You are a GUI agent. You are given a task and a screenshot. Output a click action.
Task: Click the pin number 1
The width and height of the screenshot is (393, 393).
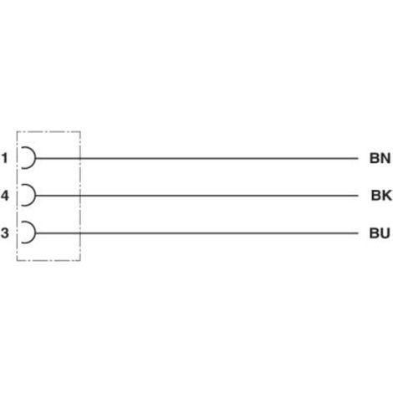(x=4, y=158)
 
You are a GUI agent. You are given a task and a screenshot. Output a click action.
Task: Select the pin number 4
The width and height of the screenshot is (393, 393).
(x=5, y=196)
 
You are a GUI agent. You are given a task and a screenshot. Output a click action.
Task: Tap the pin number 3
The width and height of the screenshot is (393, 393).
(x=5, y=232)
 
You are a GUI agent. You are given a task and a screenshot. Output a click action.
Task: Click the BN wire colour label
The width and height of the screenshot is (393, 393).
(x=380, y=158)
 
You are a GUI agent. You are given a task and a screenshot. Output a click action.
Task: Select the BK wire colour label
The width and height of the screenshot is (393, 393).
(x=381, y=196)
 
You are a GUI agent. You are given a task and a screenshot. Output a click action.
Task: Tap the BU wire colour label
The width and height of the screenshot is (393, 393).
(x=380, y=233)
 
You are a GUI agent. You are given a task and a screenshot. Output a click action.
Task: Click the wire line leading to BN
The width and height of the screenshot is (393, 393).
(x=197, y=158)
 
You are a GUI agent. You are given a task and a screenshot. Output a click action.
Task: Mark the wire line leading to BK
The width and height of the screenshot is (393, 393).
(x=197, y=196)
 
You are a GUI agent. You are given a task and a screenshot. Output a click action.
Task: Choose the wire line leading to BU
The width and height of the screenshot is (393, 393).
(x=197, y=232)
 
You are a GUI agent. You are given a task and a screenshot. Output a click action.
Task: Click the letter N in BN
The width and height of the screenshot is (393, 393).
(x=385, y=158)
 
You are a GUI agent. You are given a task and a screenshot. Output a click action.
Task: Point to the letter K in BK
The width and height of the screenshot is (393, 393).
(x=387, y=196)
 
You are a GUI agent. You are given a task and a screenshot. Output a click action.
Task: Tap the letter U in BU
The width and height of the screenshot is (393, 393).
(x=385, y=233)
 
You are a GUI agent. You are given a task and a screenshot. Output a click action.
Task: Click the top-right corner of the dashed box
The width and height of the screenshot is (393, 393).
(x=80, y=131)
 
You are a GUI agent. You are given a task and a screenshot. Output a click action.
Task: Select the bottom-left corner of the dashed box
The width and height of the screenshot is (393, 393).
(x=17, y=261)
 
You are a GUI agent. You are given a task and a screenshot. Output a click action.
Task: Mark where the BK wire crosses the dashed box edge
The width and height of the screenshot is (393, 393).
(x=80, y=196)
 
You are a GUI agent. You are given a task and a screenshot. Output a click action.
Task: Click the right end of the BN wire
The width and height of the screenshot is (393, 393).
(x=358, y=158)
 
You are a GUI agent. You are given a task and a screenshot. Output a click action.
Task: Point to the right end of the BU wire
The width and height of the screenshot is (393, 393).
(x=358, y=232)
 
